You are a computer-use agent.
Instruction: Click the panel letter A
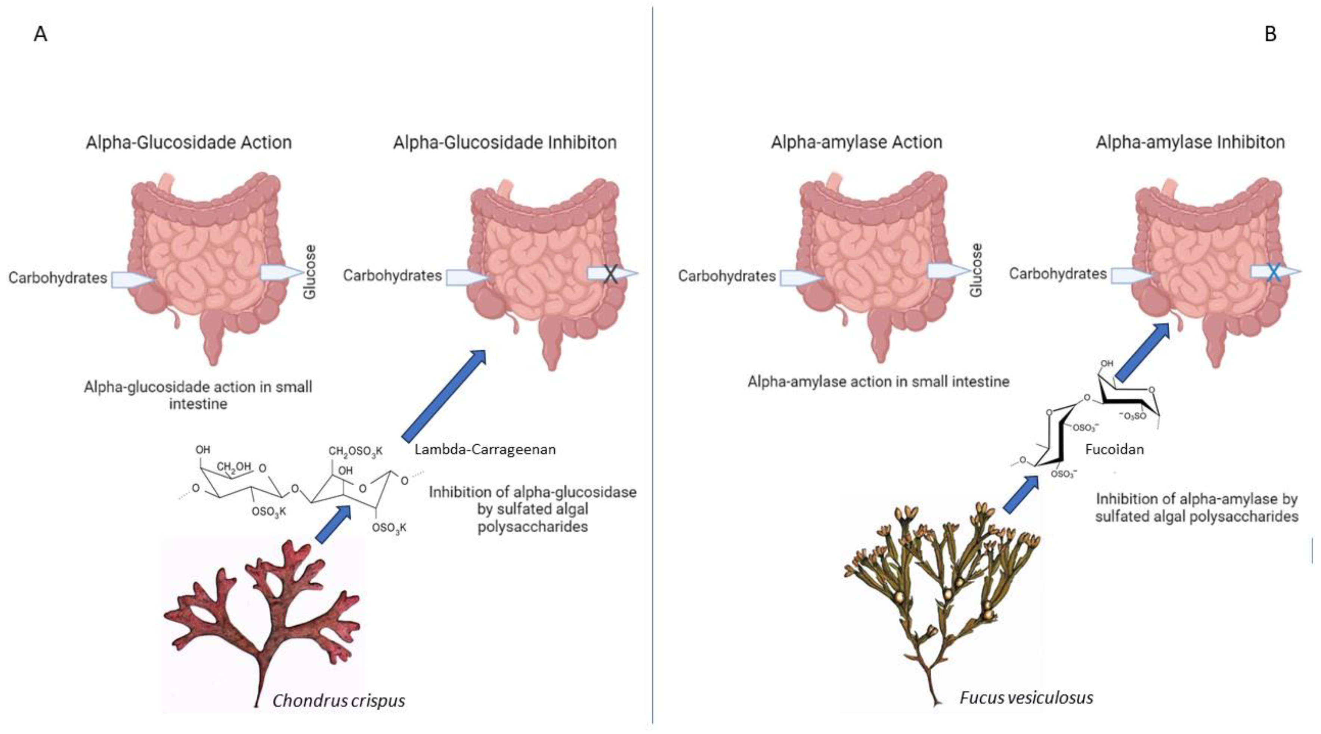pyautogui.click(x=40, y=34)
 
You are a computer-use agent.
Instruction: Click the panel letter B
pyautogui.click(x=1270, y=34)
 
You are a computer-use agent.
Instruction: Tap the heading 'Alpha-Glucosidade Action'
pyautogui.click(x=189, y=142)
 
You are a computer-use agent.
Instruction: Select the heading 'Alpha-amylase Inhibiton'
pyautogui.click(x=1190, y=142)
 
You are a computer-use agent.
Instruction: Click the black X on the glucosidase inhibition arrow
pyautogui.click(x=610, y=274)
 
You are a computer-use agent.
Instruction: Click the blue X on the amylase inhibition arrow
pyautogui.click(x=1273, y=272)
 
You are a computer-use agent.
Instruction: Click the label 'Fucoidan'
pyautogui.click(x=1114, y=449)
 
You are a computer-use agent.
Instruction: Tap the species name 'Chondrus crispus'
pyautogui.click(x=338, y=700)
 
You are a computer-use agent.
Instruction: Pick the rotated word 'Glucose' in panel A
pyautogui.click(x=310, y=272)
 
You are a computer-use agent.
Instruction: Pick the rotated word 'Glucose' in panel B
pyautogui.click(x=977, y=270)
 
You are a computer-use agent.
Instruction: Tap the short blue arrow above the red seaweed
pyautogui.click(x=333, y=523)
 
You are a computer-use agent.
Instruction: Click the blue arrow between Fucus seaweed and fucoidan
pyautogui.click(x=1021, y=494)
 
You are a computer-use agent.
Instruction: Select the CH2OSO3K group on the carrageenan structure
pyautogui.click(x=355, y=452)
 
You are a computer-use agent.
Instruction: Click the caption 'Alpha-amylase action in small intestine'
pyautogui.click(x=878, y=381)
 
